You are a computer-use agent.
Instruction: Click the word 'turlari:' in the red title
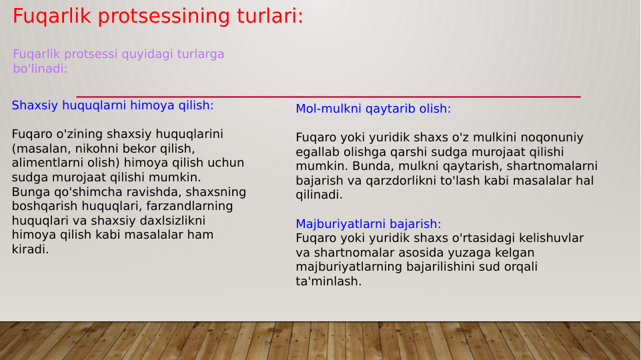268,16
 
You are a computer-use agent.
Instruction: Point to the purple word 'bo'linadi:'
40,69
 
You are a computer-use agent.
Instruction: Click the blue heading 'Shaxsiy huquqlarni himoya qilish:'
113,105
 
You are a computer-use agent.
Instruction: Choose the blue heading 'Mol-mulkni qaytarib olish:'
374,109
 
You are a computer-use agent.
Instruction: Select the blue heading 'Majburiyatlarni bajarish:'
368,224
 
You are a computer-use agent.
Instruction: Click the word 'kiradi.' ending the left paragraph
30,249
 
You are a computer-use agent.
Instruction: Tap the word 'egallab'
317,152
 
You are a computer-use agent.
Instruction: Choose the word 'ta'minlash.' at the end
328,281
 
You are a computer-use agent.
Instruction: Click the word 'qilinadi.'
319,195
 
